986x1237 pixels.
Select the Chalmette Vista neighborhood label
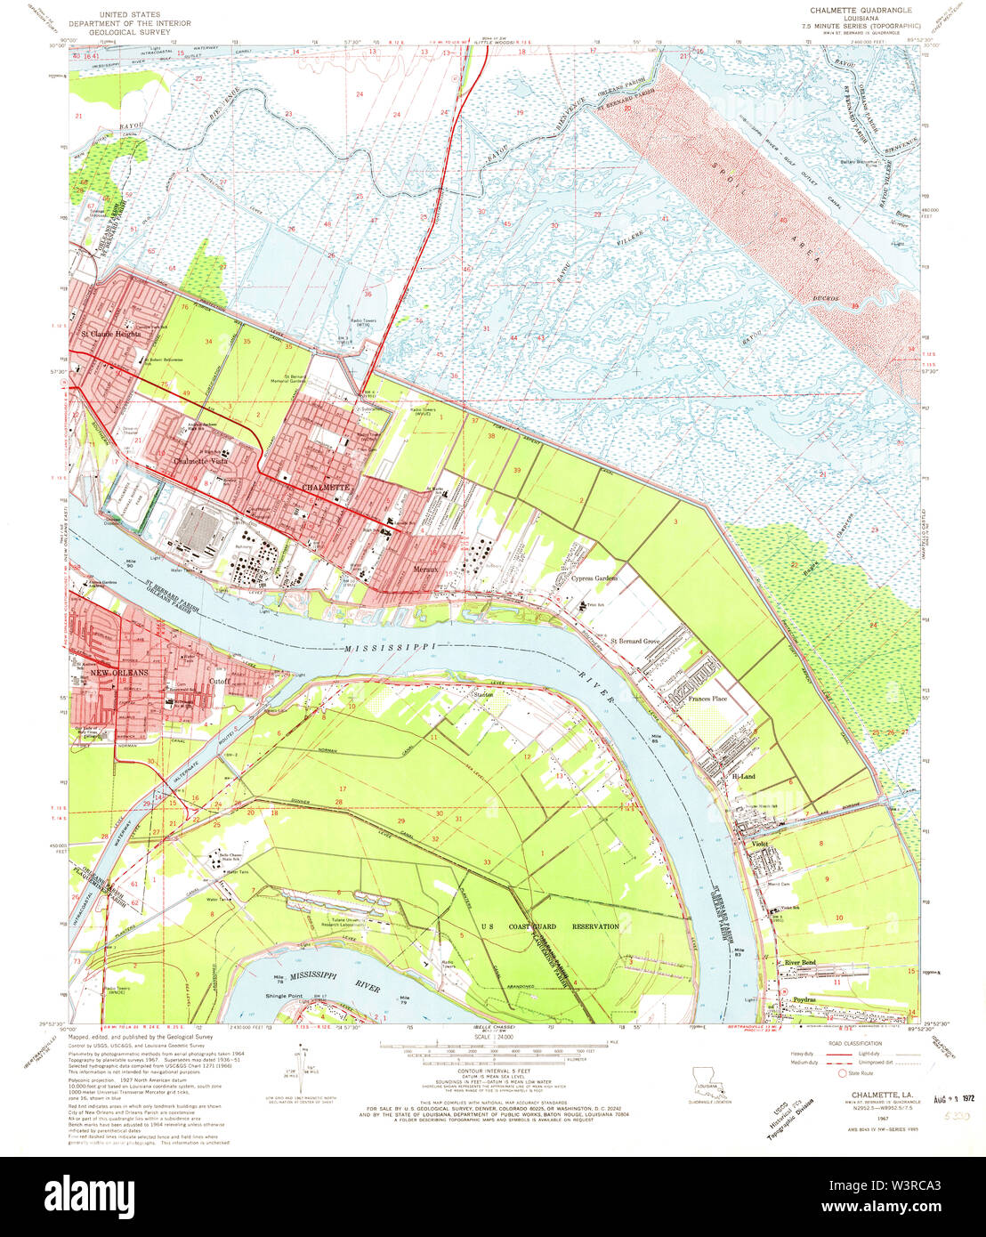pyautogui.click(x=202, y=462)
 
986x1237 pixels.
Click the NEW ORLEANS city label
pyautogui.click(x=117, y=673)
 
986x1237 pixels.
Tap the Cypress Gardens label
pyautogui.click(x=594, y=578)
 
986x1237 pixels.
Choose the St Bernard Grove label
pyautogui.click(x=634, y=641)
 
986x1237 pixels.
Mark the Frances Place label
pyautogui.click(x=707, y=699)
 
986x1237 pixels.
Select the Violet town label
pyautogui.click(x=760, y=843)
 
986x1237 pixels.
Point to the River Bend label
pyautogui.click(x=799, y=963)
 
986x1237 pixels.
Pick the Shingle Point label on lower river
pyautogui.click(x=285, y=996)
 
